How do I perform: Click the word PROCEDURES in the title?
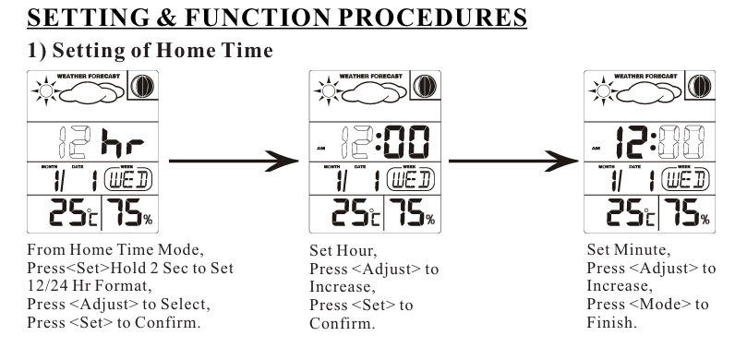[x=432, y=18]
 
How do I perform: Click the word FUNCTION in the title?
[x=258, y=18]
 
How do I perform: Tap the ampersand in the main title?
[x=166, y=18]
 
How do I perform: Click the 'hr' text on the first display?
[x=123, y=142]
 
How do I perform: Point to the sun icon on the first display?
[x=45, y=91]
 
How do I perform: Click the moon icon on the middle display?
[x=425, y=86]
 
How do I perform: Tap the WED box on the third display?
[x=684, y=180]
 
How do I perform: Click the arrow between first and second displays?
[x=234, y=161]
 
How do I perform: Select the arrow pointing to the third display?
[x=513, y=161]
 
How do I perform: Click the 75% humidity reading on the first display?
[x=130, y=212]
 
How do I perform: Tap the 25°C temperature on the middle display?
[x=356, y=212]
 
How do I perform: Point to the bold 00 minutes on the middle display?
[x=406, y=142]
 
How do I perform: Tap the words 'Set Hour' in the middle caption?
[x=343, y=250]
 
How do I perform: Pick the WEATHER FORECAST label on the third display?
[x=645, y=76]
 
